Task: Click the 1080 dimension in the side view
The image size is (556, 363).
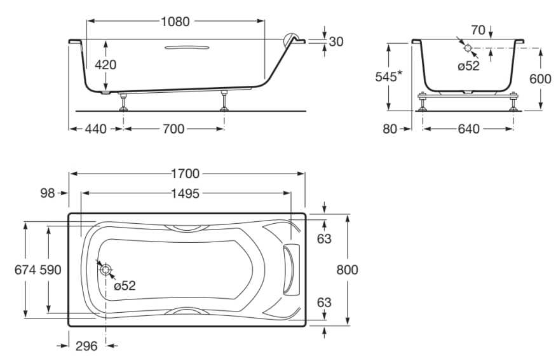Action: pos(175,22)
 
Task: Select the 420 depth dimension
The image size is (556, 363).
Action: pos(105,65)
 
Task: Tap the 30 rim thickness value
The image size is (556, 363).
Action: pos(336,41)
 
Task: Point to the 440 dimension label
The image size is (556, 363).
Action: pos(96,129)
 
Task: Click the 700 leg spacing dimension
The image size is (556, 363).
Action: pos(173,129)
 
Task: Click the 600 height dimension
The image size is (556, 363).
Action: pos(540,79)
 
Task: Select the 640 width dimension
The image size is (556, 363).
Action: pos(468,129)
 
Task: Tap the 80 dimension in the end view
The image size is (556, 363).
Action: pos(390,129)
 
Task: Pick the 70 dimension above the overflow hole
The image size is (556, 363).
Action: pos(478,30)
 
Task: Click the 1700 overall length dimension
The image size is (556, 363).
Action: pos(185,174)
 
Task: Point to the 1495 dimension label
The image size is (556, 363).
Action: pos(185,194)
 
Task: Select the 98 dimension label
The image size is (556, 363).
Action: pos(48,193)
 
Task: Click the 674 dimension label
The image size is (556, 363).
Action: pos(25,270)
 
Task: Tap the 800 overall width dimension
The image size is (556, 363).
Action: pos(347,270)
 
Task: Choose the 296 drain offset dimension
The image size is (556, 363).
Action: pos(86,346)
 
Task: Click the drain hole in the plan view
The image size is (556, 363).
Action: pos(105,270)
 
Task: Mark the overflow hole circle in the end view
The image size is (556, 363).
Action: pos(468,48)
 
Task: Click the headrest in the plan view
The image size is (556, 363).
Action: pos(290,270)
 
